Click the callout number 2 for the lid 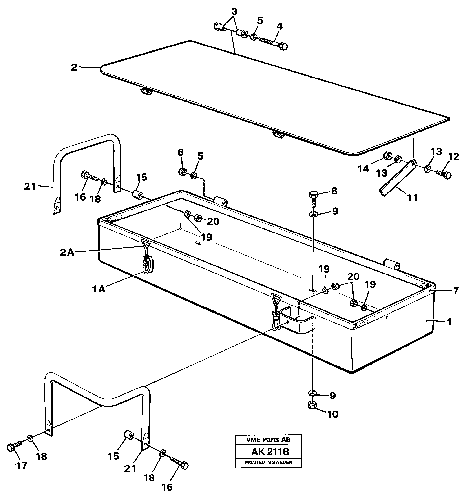(74, 67)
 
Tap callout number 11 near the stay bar (412, 198)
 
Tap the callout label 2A (67, 252)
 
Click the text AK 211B (270, 452)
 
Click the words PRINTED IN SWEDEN (268, 462)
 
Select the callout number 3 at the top (234, 12)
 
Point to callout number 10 (333, 414)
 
